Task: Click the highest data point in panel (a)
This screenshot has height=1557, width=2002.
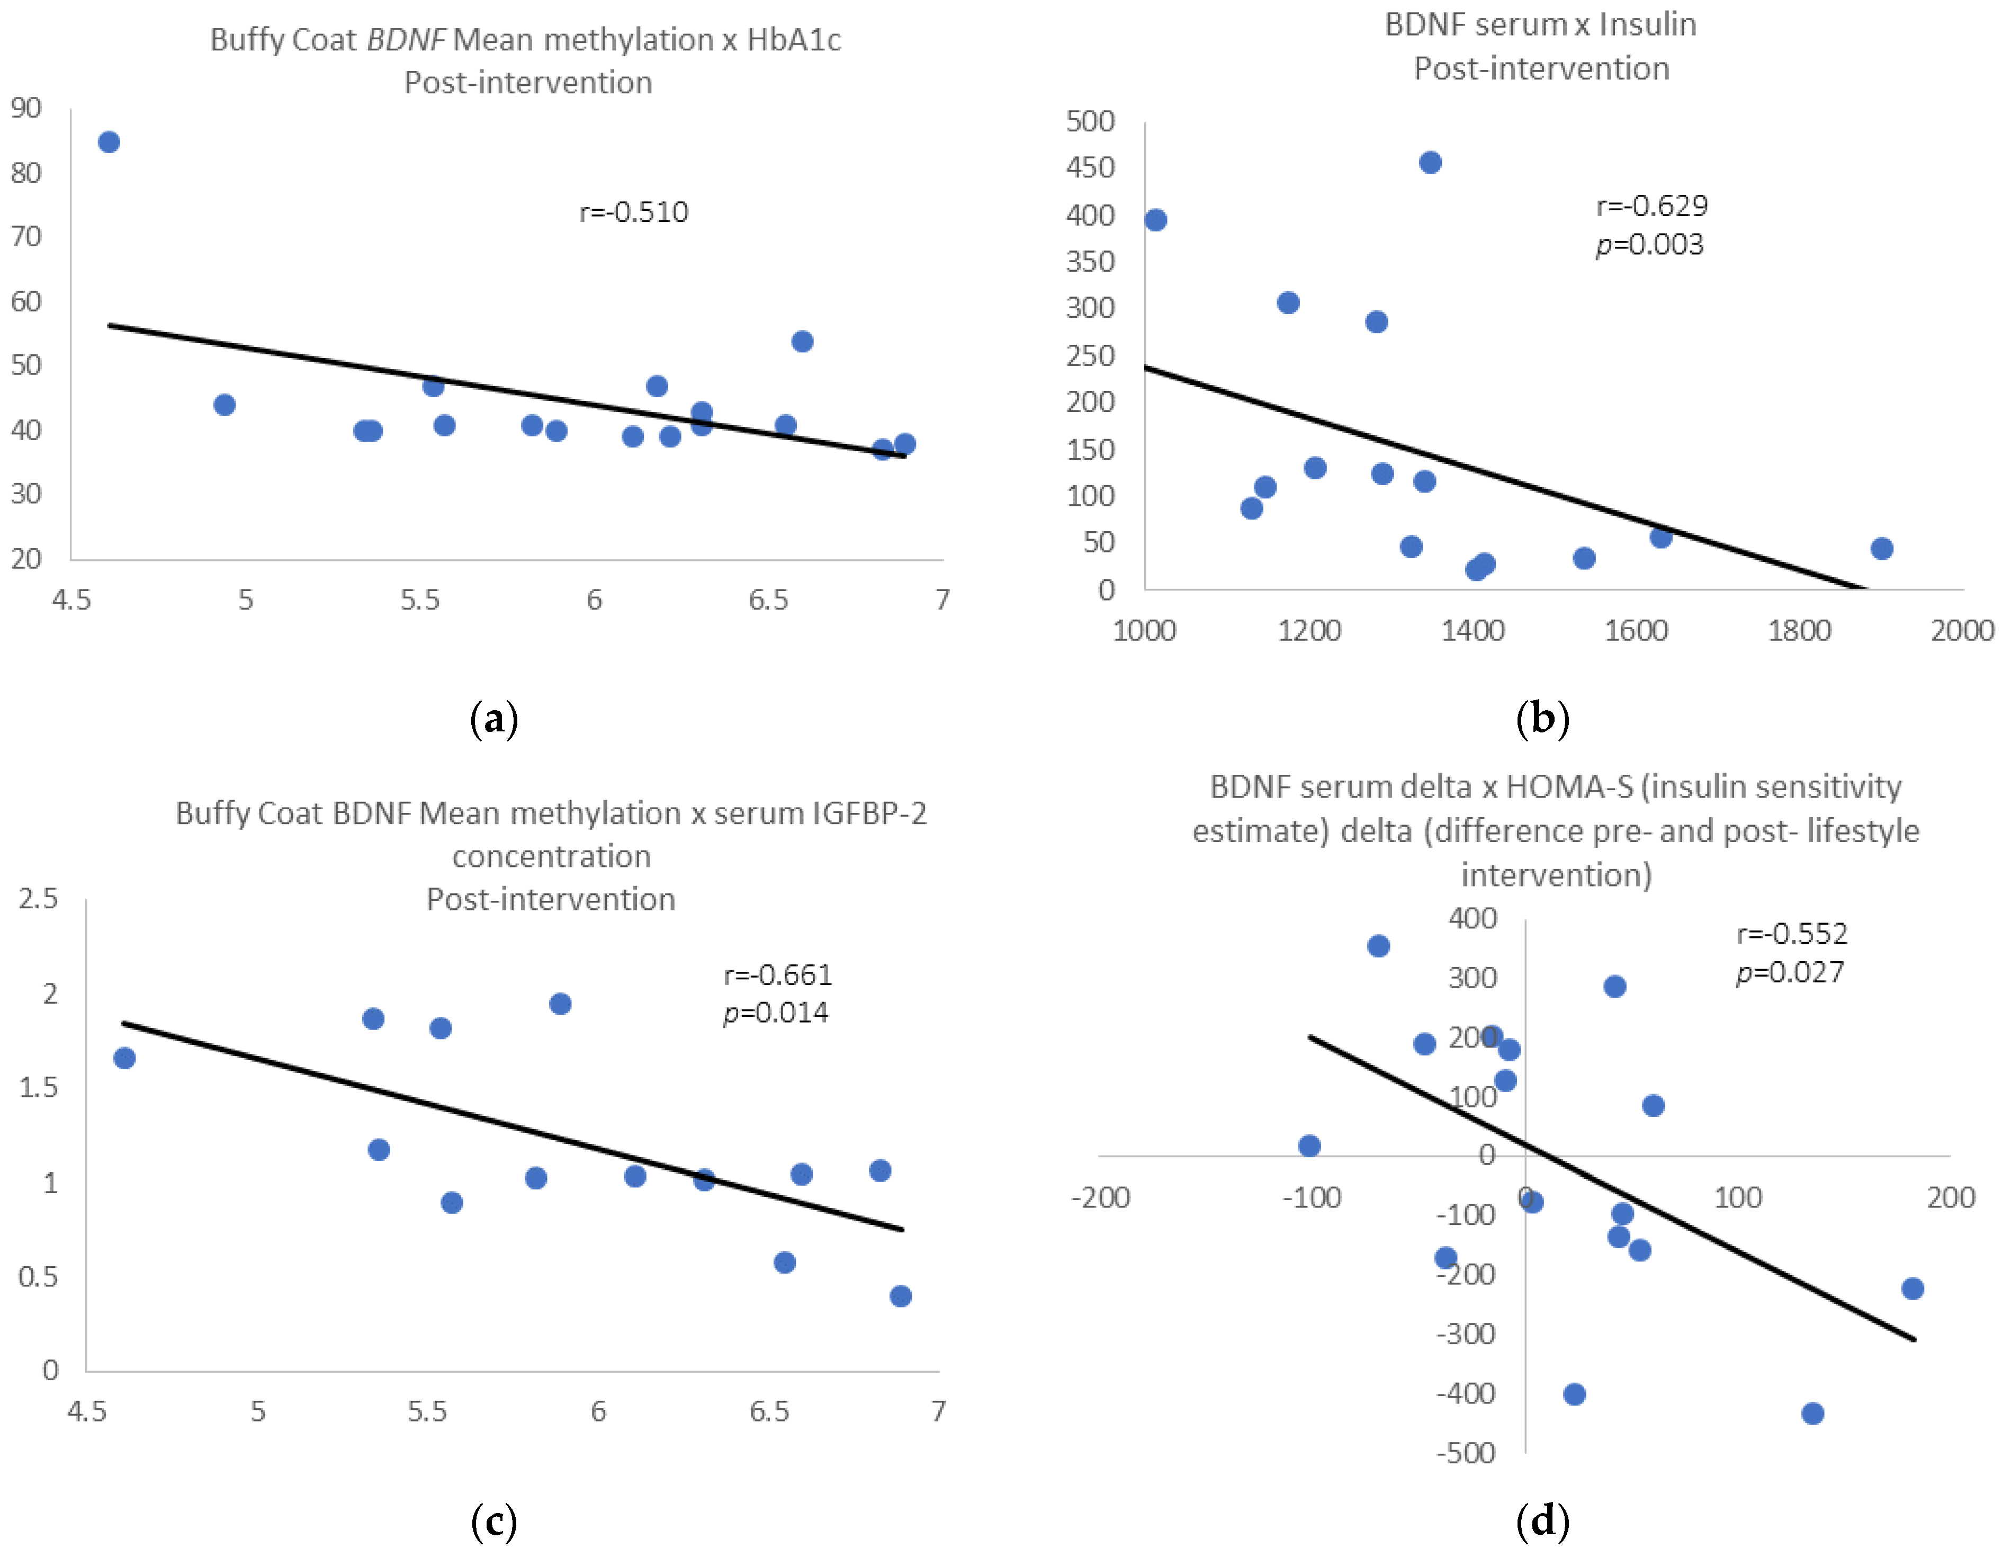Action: pos(109,142)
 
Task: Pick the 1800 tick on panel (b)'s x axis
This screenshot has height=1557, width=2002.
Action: pos(1799,631)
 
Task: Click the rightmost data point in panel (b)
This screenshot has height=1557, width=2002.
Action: pos(1882,548)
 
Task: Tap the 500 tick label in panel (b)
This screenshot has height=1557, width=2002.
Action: pos(1090,121)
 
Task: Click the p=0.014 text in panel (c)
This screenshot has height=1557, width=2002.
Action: pos(776,1013)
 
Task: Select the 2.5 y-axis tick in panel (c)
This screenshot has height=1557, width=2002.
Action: pos(39,899)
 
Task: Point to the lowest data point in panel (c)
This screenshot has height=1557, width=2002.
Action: pos(900,1296)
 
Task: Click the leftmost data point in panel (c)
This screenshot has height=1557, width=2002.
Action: pos(124,1058)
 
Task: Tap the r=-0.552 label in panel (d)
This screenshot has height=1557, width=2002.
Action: pos(1791,934)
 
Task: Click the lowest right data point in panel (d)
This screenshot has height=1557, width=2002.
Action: pos(1812,1413)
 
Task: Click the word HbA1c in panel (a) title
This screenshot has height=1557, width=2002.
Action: pos(794,40)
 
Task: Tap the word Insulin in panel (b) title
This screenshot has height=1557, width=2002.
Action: pos(1647,25)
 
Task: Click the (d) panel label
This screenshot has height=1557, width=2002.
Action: pos(1543,1520)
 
